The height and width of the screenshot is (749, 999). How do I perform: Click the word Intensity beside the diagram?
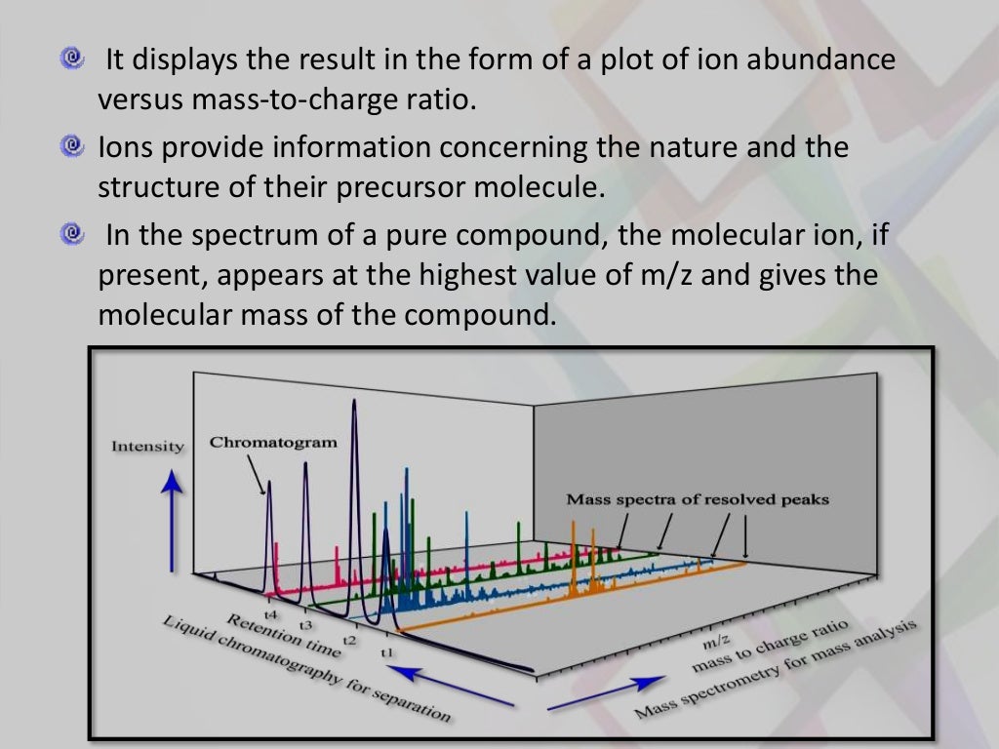[x=147, y=446]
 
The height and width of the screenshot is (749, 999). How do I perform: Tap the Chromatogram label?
[x=273, y=442]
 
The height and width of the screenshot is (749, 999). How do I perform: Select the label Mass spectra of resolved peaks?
[x=697, y=499]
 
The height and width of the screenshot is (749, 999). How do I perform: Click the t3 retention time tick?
[x=306, y=625]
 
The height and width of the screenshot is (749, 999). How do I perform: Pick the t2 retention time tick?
[x=349, y=639]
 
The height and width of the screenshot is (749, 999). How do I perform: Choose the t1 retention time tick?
[x=386, y=651]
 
